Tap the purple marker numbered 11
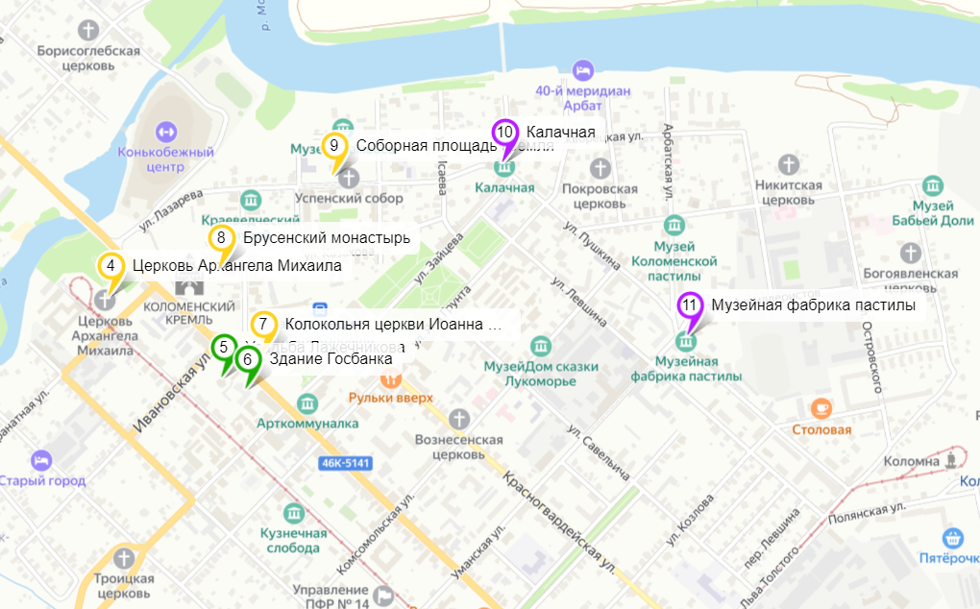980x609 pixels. click(x=690, y=306)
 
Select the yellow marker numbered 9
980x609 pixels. click(x=334, y=147)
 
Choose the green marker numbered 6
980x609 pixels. click(x=248, y=361)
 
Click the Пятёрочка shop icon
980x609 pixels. click(x=953, y=536)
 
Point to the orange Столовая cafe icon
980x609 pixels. click(x=821, y=408)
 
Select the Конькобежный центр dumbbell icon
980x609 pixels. click(x=163, y=130)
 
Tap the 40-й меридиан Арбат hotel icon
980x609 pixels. click(x=582, y=70)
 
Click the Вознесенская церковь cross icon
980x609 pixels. click(x=459, y=419)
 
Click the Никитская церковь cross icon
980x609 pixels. click(x=788, y=163)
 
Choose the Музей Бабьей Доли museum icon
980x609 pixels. click(x=931, y=183)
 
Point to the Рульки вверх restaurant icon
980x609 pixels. click(x=391, y=379)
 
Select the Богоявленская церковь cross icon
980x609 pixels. click(x=911, y=253)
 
